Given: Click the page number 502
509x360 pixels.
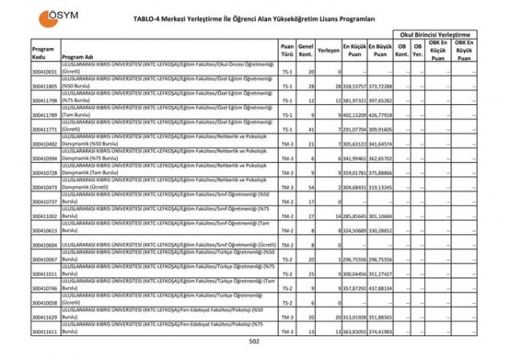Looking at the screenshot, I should [x=254, y=342].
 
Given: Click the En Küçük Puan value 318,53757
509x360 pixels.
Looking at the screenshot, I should [x=354, y=86].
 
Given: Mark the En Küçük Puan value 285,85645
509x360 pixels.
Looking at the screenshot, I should [x=354, y=216].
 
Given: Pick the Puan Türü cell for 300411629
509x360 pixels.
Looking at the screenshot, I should [x=287, y=317].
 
